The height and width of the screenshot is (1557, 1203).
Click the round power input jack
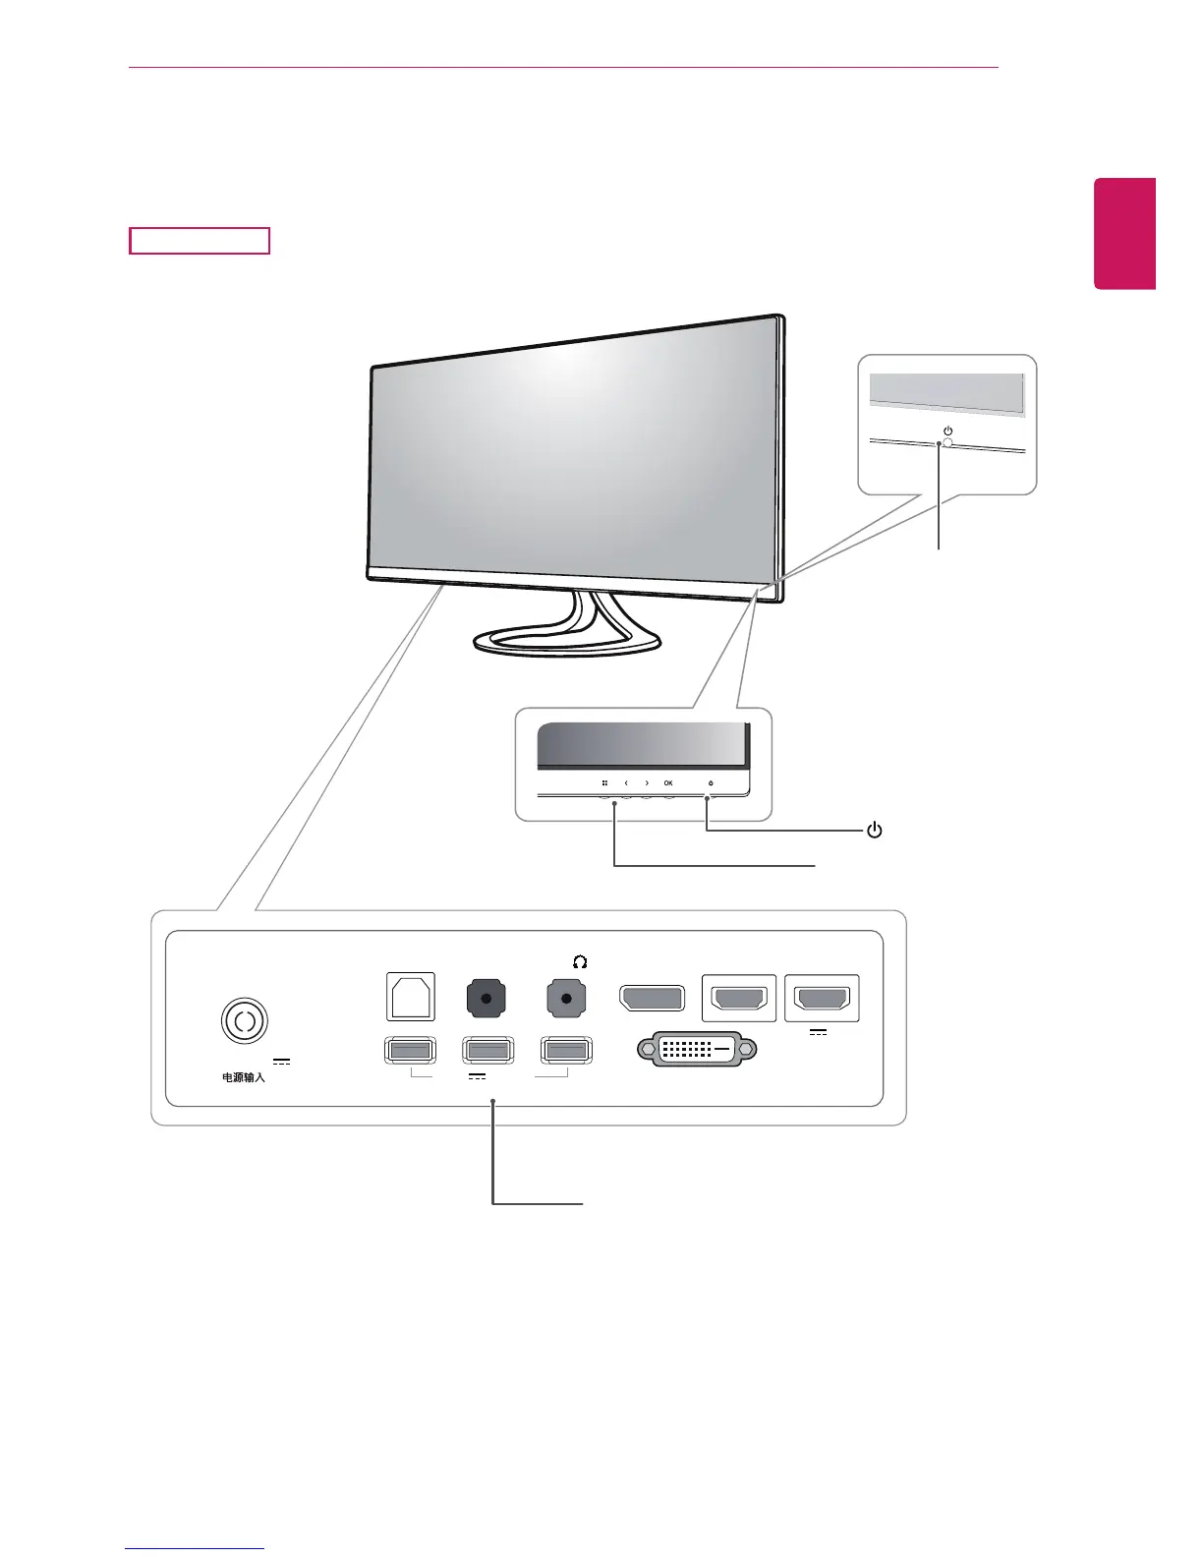244,1021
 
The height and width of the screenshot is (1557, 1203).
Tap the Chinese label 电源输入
243,1077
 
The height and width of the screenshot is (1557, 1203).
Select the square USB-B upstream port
411,998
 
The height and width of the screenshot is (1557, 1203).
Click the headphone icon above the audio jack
580,961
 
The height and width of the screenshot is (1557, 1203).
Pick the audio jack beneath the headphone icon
566,999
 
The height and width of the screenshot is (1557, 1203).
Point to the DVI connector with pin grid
698,1049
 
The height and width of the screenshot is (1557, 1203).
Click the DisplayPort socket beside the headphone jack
653,999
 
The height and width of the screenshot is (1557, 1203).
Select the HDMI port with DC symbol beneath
822,999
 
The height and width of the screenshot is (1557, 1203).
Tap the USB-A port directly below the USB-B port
410,1051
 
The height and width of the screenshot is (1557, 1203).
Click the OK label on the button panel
668,783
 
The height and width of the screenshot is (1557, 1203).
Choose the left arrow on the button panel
626,783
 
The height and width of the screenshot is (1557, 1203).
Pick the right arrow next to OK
647,783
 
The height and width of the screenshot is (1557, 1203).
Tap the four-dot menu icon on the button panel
604,783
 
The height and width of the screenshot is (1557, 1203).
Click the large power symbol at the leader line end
874,831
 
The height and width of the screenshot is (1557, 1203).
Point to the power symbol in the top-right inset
947,431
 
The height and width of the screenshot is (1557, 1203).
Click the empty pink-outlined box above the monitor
200,241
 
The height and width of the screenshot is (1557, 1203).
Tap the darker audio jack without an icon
486,999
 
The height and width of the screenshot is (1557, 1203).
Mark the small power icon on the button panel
711,783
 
